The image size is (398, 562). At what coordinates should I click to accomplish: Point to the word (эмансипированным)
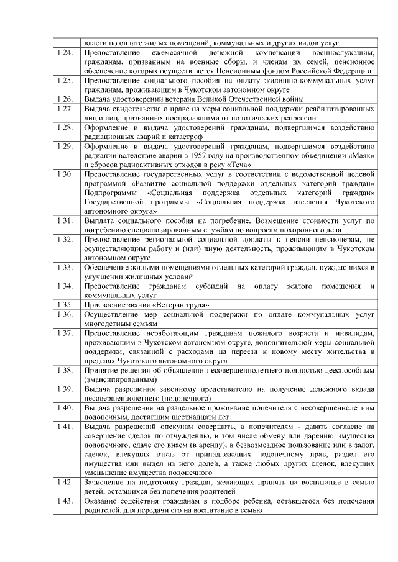[x=120, y=379]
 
